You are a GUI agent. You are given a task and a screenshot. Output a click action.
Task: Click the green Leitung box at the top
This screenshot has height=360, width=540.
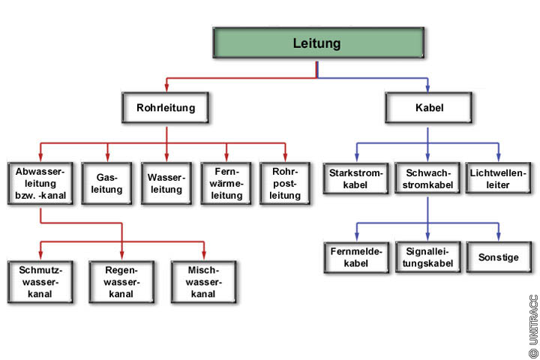click(316, 43)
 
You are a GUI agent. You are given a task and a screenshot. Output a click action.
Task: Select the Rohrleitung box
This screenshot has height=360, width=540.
click(166, 108)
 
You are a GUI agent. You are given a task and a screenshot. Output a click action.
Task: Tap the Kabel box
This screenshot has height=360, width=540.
click(428, 108)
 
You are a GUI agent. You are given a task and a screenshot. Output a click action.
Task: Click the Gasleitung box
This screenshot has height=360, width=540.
click(106, 183)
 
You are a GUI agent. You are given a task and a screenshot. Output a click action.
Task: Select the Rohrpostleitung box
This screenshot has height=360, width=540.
click(286, 183)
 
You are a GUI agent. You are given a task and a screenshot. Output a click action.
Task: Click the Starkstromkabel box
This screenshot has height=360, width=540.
click(355, 178)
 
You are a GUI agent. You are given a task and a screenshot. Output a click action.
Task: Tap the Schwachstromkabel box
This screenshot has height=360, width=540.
click(427, 178)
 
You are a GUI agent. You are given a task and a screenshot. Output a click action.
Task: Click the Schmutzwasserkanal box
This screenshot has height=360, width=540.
click(40, 280)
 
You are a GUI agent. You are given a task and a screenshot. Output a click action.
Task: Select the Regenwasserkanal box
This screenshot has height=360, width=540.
click(121, 280)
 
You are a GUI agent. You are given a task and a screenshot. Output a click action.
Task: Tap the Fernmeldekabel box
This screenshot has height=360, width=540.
click(356, 257)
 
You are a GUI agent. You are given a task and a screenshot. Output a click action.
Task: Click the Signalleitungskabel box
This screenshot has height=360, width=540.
click(427, 257)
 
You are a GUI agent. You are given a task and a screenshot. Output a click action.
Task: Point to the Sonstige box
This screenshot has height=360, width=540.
click(498, 257)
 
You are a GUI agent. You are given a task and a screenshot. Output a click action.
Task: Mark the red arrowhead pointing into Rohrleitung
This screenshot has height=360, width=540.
click(166, 88)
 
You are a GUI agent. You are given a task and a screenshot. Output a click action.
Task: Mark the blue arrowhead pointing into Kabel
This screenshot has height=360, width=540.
click(428, 88)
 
